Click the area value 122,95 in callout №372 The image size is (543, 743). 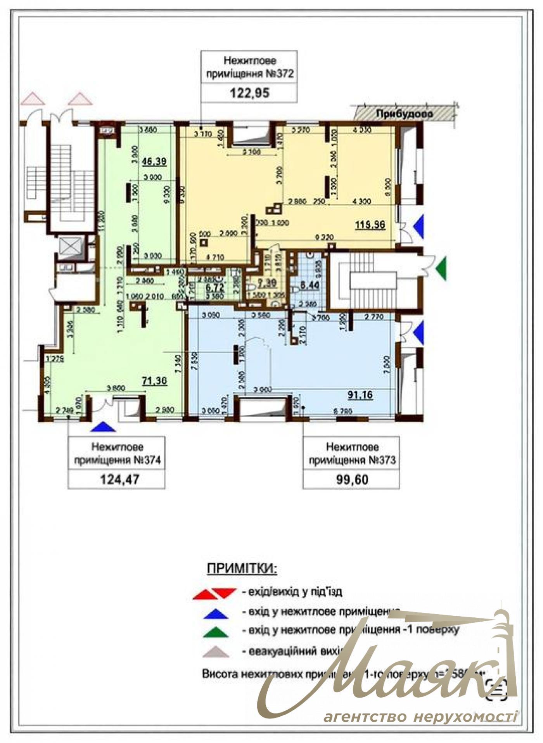249,93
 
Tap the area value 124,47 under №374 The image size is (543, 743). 119,480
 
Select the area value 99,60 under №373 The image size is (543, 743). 352,480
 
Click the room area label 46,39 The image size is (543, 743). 154,161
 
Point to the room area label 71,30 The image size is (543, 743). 154,381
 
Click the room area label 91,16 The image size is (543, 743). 360,395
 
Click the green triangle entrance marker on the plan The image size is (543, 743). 441,268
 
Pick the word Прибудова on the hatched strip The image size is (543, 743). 404,114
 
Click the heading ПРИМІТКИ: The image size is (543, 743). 242,569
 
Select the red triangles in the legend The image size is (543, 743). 214,594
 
